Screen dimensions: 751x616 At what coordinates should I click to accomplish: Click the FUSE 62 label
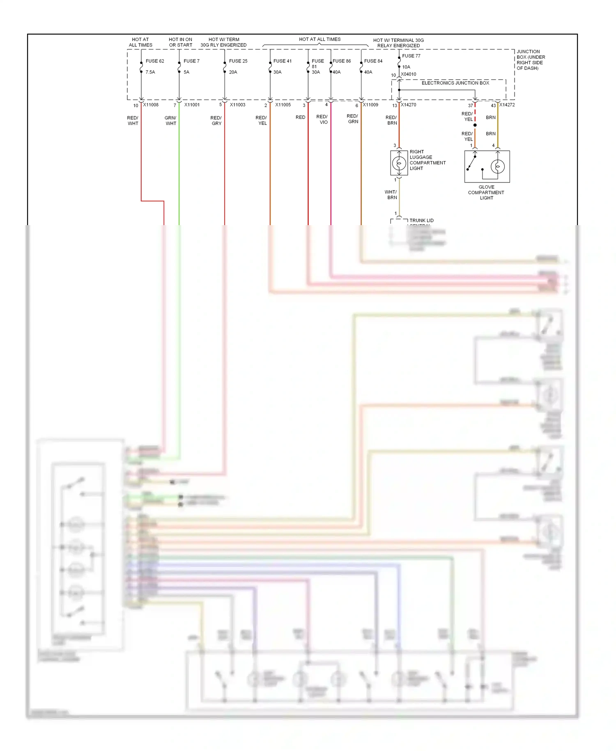pos(155,61)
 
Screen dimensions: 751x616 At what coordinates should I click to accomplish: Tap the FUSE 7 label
pos(191,61)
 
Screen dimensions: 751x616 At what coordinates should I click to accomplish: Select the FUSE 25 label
pos(238,61)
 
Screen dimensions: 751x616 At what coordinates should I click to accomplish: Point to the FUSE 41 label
pos(283,61)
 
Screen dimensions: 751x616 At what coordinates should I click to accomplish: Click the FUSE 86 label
pos(342,61)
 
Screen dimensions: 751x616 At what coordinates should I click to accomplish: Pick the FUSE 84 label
pos(373,61)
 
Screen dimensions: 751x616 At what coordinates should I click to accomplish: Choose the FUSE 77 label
pos(411,56)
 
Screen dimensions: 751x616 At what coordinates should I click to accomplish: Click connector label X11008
pos(151,105)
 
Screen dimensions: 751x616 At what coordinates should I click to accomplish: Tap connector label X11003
pos(237,105)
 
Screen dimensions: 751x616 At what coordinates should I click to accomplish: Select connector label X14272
pos(507,105)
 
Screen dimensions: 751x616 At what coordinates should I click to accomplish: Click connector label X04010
pos(409,74)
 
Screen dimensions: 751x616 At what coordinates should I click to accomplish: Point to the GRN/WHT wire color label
pos(170,120)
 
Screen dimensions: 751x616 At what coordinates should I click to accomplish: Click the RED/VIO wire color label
pos(322,119)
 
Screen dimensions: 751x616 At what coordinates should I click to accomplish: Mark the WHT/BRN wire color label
pos(391,195)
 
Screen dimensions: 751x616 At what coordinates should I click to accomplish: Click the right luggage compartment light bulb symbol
pos(399,163)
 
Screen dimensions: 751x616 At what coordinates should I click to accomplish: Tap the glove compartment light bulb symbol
pos(498,166)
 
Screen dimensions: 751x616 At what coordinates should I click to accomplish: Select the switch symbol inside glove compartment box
pos(472,162)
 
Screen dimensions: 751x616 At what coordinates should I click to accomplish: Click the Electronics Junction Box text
pos(455,83)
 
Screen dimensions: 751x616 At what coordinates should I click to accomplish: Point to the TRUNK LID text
pos(421,221)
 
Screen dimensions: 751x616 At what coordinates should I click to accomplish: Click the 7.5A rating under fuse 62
pos(150,72)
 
